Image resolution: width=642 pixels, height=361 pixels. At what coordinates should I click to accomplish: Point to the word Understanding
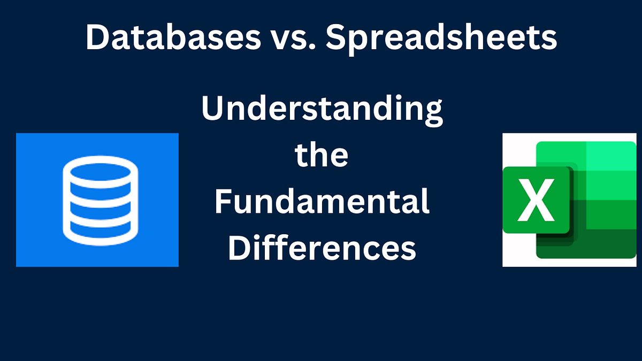[322, 111]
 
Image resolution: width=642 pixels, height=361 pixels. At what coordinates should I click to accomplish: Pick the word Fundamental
[322, 203]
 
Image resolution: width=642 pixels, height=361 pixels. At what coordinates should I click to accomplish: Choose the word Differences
[322, 249]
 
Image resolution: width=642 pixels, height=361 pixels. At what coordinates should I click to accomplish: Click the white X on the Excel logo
[536, 201]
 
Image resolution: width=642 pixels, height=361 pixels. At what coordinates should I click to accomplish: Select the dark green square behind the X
[536, 201]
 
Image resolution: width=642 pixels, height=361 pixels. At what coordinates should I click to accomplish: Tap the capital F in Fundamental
[223, 203]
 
